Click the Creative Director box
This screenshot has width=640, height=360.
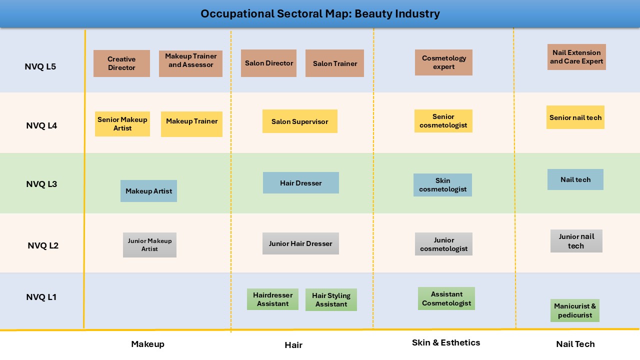121,63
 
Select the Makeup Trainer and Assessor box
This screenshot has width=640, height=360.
190,63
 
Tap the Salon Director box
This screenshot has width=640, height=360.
268,63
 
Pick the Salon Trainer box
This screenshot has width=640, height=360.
334,63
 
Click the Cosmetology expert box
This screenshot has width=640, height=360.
443,62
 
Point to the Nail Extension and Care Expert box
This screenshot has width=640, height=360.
576,57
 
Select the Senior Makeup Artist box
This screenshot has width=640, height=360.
122,124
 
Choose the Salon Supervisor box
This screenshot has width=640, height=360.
299,121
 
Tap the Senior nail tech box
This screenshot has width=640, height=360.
575,117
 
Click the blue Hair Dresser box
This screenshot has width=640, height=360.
300,183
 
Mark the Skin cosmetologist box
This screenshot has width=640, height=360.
442,185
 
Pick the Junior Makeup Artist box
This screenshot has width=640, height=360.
149,245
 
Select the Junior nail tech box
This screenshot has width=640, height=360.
576,241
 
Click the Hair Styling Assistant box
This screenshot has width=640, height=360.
331,300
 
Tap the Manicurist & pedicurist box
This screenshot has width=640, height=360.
575,310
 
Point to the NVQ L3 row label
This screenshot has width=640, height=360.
41,184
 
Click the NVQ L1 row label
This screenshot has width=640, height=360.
41,297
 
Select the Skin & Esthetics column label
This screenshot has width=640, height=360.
445,342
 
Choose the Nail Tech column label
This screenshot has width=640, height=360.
575,344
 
